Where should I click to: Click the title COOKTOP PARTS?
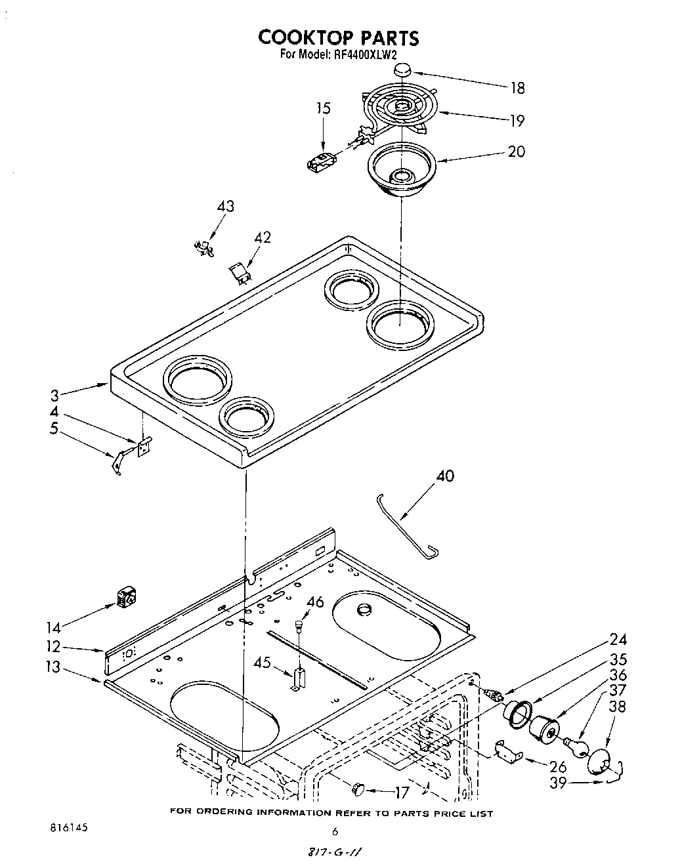338,37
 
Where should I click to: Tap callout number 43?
225,206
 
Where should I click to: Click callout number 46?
315,602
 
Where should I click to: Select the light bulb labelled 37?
576,747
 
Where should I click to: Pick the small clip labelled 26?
507,753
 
